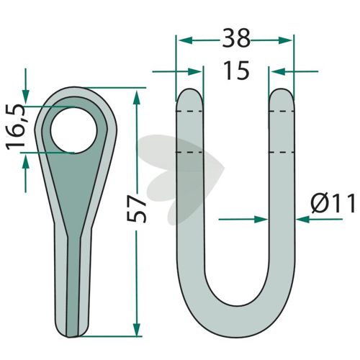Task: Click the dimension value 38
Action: [236, 38]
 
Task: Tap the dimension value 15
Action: [236, 71]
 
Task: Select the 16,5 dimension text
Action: [16, 127]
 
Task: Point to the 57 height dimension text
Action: [136, 208]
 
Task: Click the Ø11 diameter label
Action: [333, 204]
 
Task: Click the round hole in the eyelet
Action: [74, 130]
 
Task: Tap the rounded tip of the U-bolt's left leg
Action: [190, 94]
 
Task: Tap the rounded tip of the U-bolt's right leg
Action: [282, 94]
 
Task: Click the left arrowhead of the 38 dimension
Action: [186, 40]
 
